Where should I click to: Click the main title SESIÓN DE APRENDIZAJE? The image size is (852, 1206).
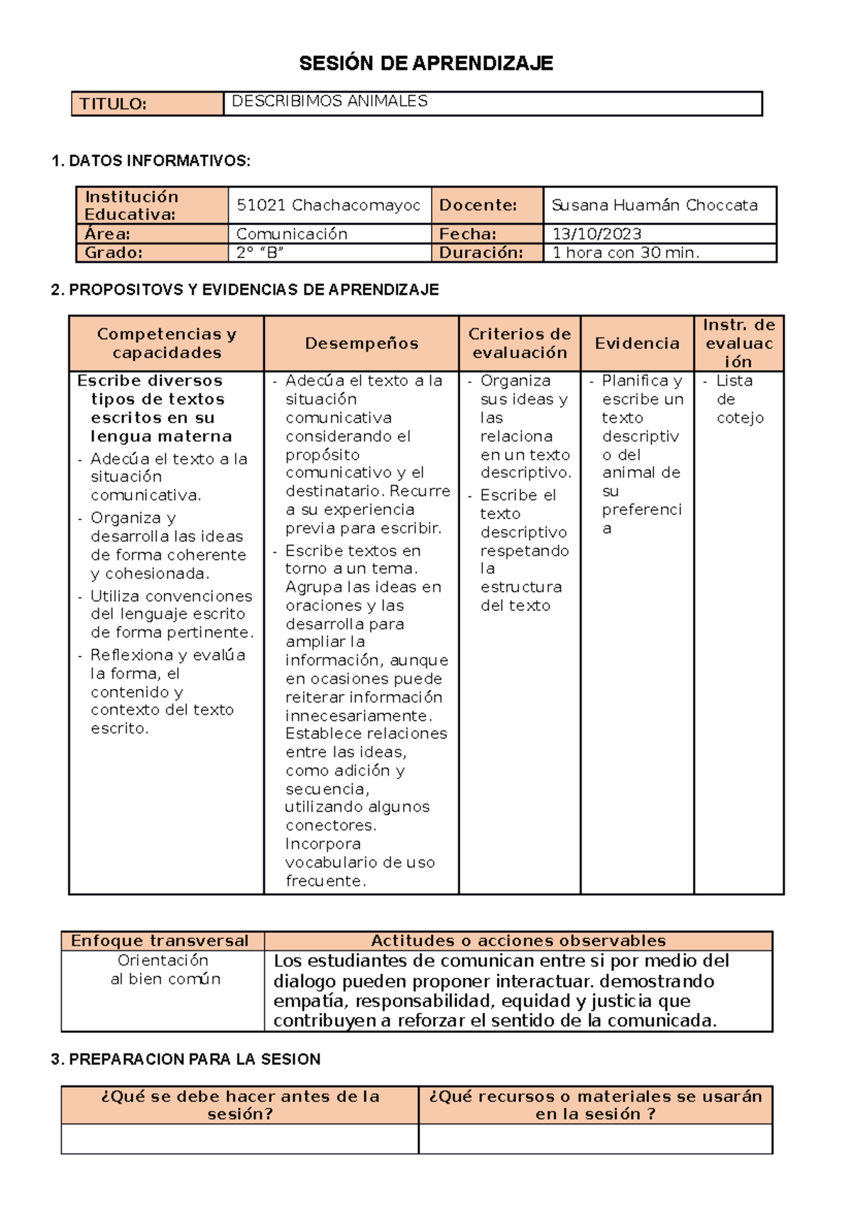pos(426,63)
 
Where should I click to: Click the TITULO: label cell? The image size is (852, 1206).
pos(114,104)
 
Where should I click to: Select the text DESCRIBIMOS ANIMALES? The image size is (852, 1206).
pos(329,101)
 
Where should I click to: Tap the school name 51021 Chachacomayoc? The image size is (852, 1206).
pos(328,205)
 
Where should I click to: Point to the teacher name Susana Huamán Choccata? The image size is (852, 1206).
pos(654,205)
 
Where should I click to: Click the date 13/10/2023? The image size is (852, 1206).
pos(596,234)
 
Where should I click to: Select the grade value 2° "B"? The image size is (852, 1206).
pos(260,252)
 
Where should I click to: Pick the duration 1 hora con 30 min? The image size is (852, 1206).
pos(626,252)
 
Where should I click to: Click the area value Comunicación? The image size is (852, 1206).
pos(292,234)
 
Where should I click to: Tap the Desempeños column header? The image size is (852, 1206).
pos(361,344)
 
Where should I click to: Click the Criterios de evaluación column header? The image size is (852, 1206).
pos(519,343)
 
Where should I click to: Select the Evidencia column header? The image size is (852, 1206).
pos(637,344)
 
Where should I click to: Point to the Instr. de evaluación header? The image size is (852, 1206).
pos(738,343)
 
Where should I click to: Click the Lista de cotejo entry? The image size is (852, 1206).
pos(738,399)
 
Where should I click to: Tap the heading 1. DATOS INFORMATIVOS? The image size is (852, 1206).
pos(151,161)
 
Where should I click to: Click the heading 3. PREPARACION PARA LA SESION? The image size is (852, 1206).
pos(185,1059)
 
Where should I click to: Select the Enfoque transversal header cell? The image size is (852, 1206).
pos(160,941)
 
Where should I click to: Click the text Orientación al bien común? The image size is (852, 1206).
pos(164,969)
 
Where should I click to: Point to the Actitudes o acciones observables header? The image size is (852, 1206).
pos(518,941)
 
